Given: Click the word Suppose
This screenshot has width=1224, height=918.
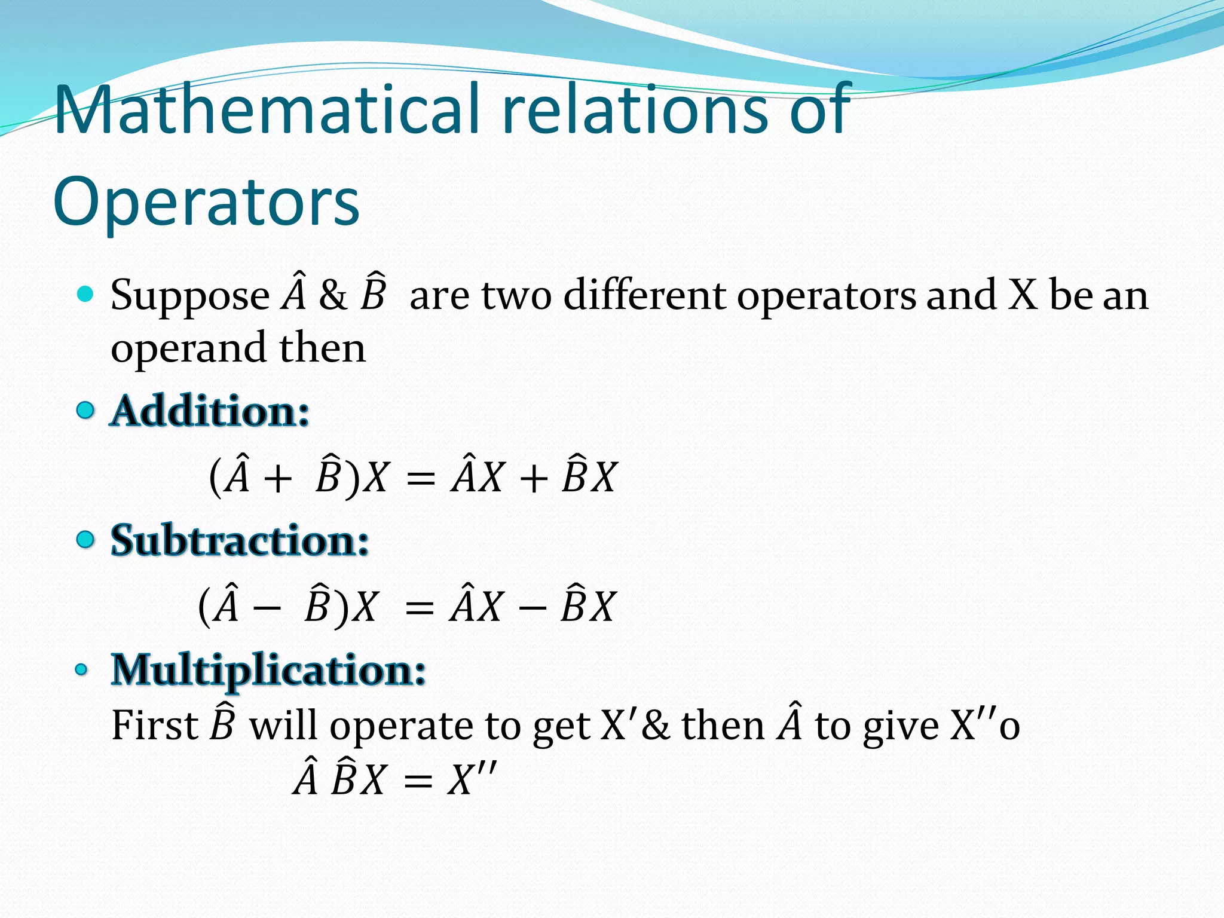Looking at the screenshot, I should click(190, 296).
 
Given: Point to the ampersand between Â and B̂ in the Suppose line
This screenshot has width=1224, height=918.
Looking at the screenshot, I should click(333, 295).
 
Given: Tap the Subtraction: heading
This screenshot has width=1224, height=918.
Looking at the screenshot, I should click(240, 540).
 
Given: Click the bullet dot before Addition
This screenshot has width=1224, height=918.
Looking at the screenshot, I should click(86, 411).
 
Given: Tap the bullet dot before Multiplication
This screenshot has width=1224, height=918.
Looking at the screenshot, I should click(82, 669).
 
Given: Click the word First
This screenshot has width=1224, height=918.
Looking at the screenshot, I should click(154, 726).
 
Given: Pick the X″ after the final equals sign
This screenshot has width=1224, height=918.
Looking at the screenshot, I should click(472, 779).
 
